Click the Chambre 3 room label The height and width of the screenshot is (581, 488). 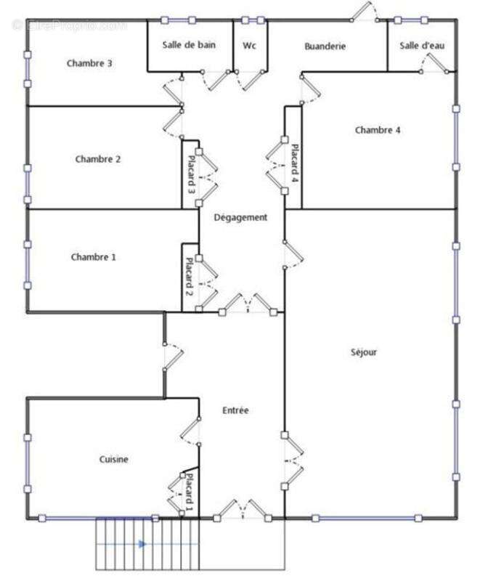[x=89, y=63]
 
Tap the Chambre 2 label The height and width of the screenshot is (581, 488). [x=98, y=159]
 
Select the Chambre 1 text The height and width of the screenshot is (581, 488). [x=94, y=257]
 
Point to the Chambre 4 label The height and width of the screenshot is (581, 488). [x=378, y=130]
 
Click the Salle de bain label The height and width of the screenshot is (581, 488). [x=189, y=45]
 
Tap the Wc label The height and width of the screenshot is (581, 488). [x=249, y=45]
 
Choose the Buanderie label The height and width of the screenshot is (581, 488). [x=325, y=46]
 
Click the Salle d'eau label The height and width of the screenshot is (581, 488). [x=422, y=46]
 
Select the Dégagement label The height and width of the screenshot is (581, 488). [x=240, y=217]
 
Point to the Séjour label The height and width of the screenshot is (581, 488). [x=363, y=352]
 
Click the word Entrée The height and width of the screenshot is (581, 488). [x=235, y=410]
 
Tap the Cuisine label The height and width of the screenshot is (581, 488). [x=114, y=459]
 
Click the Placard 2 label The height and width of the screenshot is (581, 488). [x=189, y=278]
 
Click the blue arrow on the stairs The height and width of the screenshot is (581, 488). [x=143, y=543]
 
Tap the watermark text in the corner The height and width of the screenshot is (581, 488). [x=69, y=25]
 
